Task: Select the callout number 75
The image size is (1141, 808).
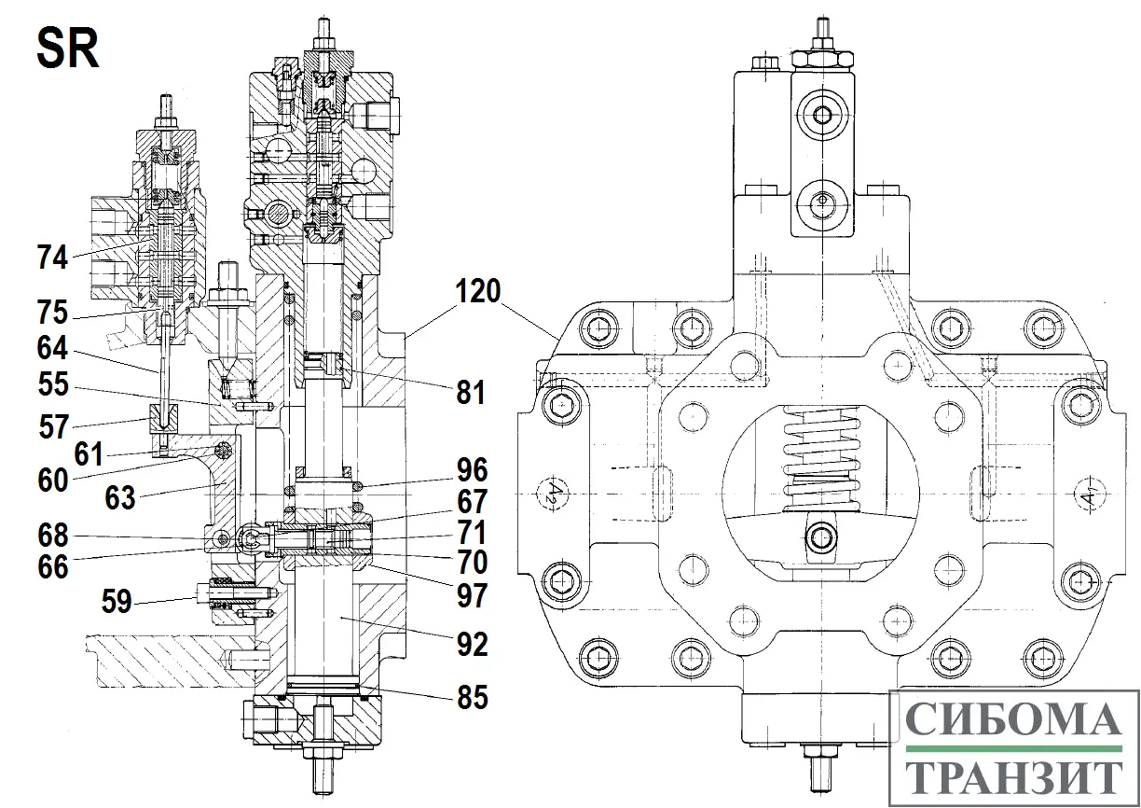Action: pos(53,312)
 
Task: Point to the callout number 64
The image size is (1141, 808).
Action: pos(53,349)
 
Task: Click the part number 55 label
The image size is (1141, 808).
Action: pos(53,386)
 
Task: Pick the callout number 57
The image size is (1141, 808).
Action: pos(53,426)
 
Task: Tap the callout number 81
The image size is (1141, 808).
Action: pos(470,393)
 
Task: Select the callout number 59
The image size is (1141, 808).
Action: pos(117,602)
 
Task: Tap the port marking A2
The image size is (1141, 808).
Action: pos(552,491)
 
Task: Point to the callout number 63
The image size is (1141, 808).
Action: pos(120,497)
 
